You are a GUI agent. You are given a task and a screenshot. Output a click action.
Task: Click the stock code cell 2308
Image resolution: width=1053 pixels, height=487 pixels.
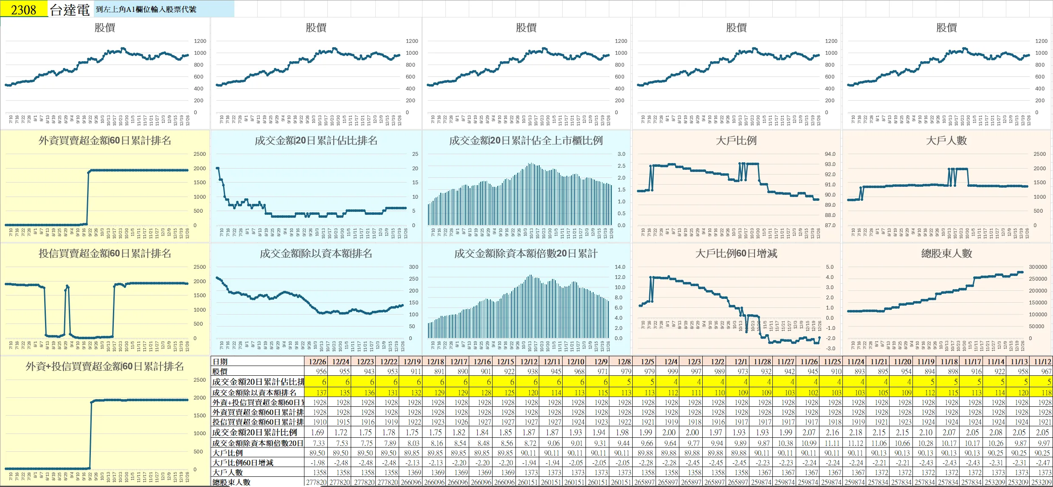[24, 9]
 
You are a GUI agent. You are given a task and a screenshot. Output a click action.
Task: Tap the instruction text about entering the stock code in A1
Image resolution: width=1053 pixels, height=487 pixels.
[146, 9]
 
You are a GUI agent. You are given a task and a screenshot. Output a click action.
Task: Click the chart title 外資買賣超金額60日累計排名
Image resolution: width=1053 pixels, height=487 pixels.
[104, 141]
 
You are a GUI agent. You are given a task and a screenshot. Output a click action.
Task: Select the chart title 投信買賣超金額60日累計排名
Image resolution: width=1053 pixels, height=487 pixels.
[104, 253]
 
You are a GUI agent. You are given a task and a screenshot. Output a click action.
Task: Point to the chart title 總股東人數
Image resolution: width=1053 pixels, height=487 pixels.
[946, 253]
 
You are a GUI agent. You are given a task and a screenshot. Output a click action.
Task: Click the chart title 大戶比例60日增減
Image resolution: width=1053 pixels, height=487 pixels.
[736, 253]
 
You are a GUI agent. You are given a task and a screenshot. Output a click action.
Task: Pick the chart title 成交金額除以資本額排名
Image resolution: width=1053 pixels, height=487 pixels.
[316, 253]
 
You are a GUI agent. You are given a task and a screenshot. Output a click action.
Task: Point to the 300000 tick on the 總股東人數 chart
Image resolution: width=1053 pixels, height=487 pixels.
[1038, 267]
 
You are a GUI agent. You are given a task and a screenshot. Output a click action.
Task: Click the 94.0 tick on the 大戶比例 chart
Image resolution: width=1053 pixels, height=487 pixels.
[830, 154]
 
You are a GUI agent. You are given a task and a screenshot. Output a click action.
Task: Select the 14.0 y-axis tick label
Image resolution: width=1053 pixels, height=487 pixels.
[620, 267]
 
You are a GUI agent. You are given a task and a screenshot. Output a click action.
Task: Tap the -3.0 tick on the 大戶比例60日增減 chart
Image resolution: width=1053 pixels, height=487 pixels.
[830, 349]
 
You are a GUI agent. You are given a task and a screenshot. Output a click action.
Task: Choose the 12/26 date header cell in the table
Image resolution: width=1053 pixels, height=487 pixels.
[317, 362]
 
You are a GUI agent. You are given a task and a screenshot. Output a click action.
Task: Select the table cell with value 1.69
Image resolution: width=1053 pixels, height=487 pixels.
[317, 433]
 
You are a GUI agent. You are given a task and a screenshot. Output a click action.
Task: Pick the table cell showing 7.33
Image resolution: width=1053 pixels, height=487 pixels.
[318, 443]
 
